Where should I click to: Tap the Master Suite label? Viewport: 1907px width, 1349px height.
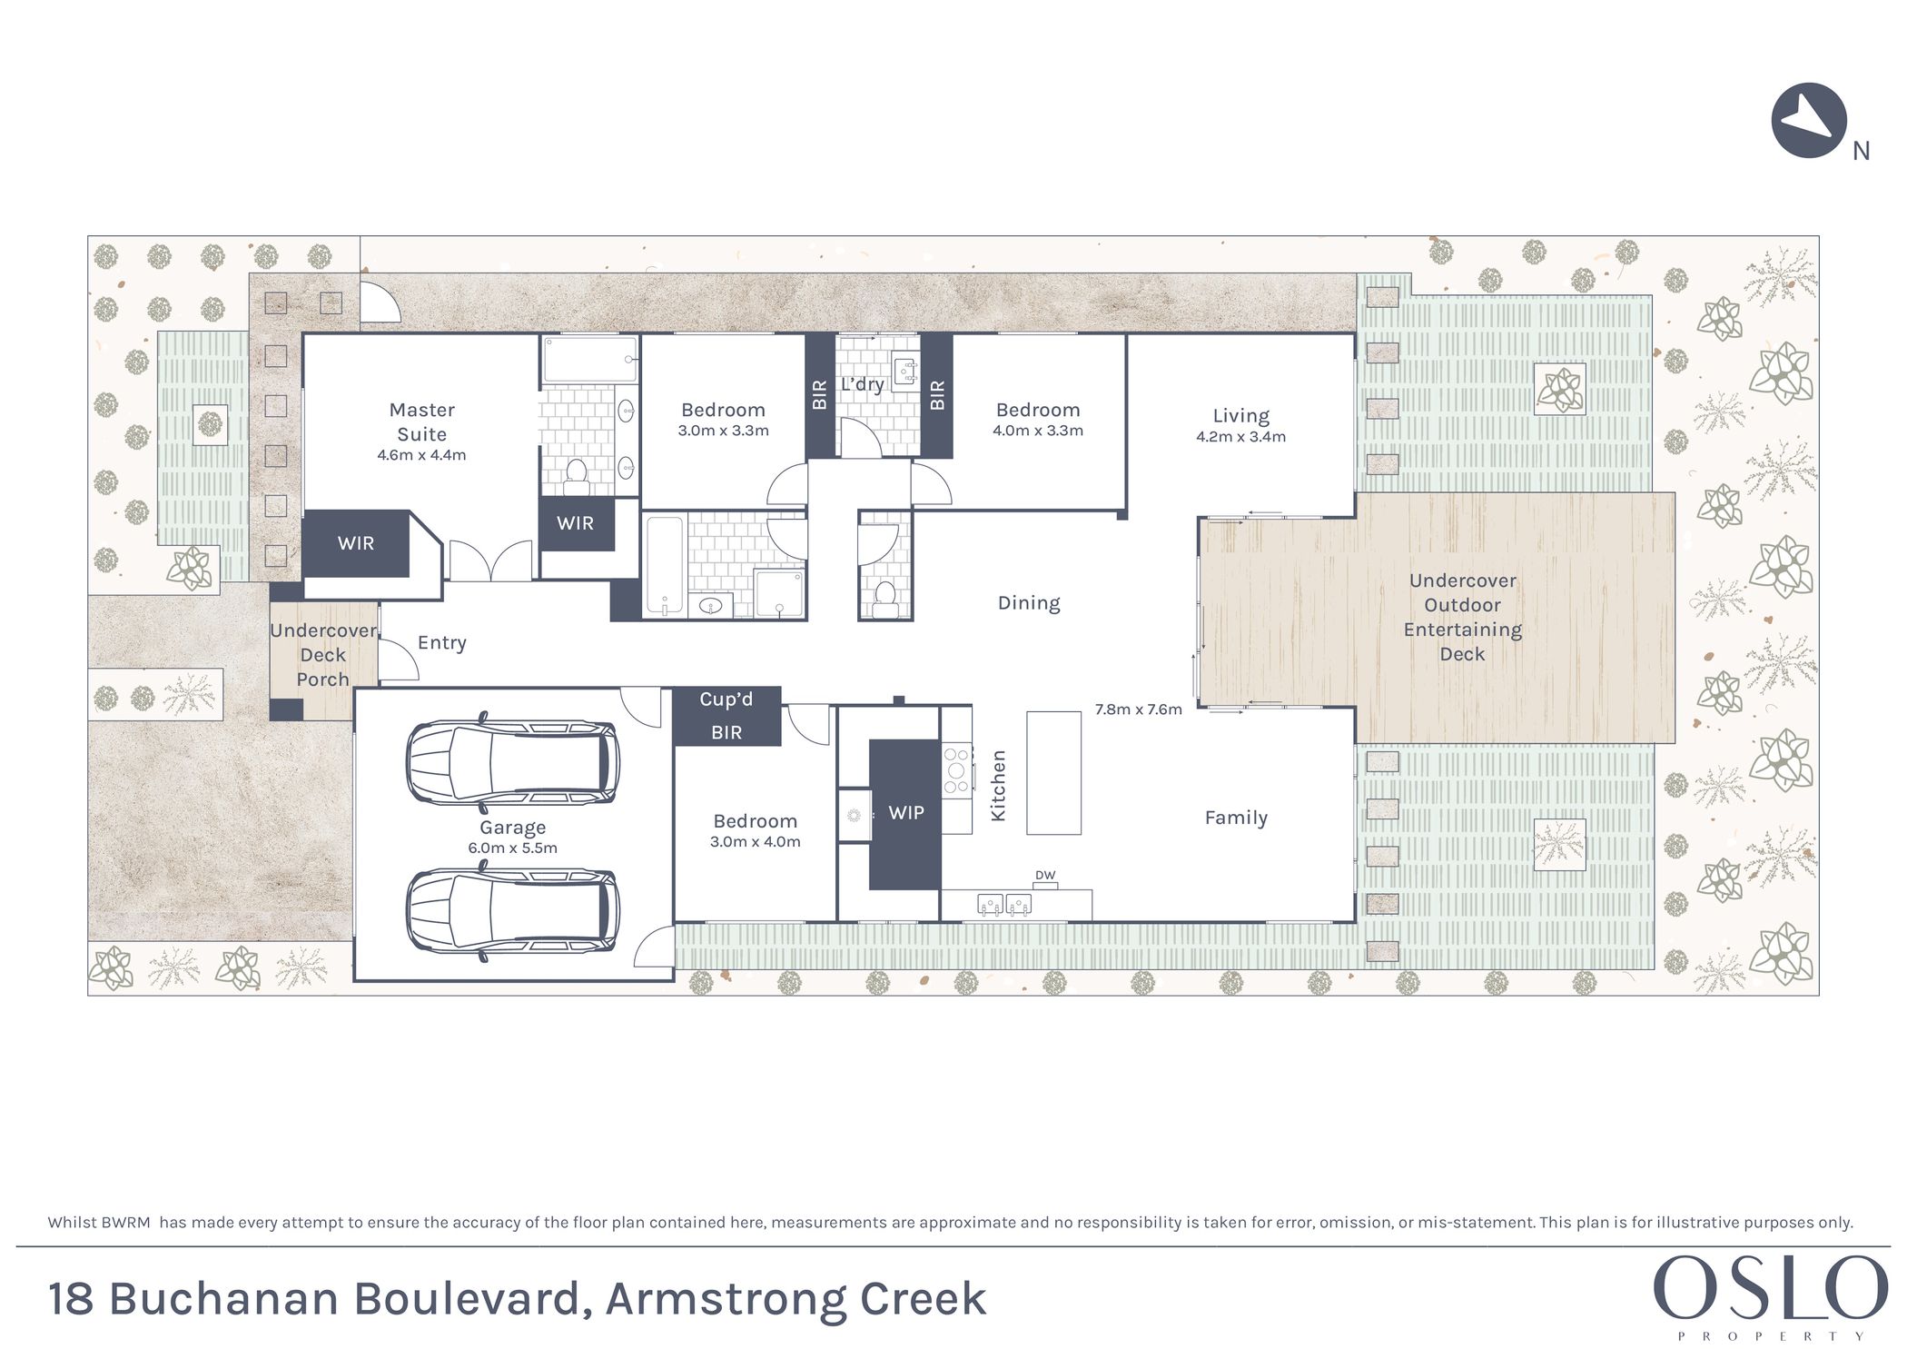pyautogui.click(x=421, y=422)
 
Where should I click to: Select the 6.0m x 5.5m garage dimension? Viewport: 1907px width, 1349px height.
pyautogui.click(x=513, y=848)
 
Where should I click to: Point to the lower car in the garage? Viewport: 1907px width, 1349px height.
pyautogui.click(x=513, y=911)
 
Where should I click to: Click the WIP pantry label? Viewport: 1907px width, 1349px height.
pyautogui.click(x=906, y=813)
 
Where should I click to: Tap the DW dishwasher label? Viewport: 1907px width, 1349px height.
pyautogui.click(x=1045, y=876)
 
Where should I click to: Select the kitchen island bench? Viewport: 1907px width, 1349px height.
pyautogui.click(x=1053, y=772)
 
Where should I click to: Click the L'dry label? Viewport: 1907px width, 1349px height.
pyautogui.click(x=862, y=384)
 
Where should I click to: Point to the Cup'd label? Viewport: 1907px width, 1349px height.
pyautogui.click(x=726, y=699)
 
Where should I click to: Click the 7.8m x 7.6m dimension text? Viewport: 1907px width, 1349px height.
pyautogui.click(x=1138, y=709)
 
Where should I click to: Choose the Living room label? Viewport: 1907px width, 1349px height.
pyautogui.click(x=1241, y=416)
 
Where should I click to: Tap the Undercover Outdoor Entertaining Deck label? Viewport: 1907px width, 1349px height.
pyautogui.click(x=1462, y=617)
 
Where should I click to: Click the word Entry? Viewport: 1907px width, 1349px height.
pyautogui.click(x=442, y=643)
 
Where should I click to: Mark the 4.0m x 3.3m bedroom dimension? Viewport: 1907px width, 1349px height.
pyautogui.click(x=1038, y=431)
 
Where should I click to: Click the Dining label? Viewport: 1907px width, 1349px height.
pyautogui.click(x=1029, y=603)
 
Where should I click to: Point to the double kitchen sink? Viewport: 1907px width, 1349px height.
pyautogui.click(x=1004, y=905)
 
